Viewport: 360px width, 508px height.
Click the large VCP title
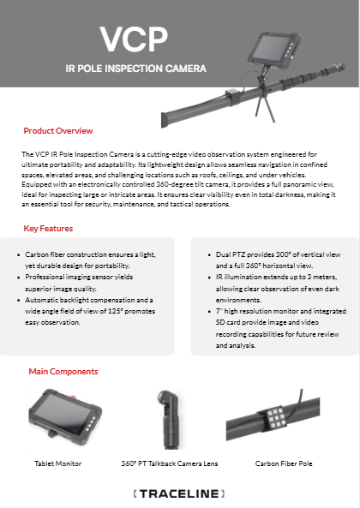(134, 39)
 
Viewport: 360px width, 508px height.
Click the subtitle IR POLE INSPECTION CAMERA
(135, 69)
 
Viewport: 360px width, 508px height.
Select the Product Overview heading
(58, 130)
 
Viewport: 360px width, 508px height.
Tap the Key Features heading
(48, 229)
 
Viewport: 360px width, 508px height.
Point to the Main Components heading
(63, 371)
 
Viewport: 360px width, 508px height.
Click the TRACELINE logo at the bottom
(179, 493)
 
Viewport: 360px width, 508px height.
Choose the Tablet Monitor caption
(58, 463)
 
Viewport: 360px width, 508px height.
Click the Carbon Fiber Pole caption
(284, 463)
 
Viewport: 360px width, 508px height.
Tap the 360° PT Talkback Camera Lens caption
(170, 463)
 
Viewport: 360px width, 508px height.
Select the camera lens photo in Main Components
(169, 419)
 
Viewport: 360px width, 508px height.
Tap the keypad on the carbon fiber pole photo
(276, 417)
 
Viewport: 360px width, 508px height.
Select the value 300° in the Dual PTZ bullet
(283, 254)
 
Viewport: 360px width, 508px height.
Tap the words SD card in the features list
(229, 322)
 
